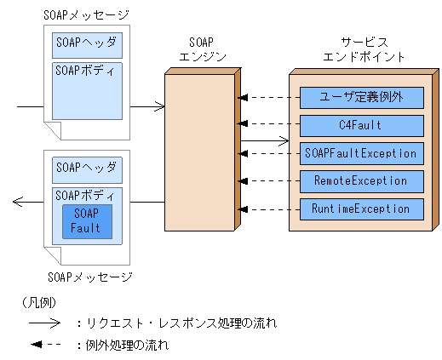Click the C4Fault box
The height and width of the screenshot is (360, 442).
click(361, 126)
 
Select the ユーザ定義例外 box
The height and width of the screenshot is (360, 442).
click(361, 98)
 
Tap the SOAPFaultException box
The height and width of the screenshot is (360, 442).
click(361, 153)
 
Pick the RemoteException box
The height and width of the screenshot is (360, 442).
click(361, 180)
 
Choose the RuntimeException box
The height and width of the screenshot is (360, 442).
click(361, 208)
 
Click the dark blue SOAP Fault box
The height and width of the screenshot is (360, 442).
click(85, 221)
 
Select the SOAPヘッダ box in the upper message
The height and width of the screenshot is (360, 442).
click(86, 42)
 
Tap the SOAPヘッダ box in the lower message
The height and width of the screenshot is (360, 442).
click(86, 167)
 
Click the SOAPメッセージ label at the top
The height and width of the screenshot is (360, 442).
click(86, 14)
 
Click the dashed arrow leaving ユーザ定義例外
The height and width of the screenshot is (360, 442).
click(269, 98)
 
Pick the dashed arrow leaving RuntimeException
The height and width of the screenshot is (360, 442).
click(269, 208)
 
